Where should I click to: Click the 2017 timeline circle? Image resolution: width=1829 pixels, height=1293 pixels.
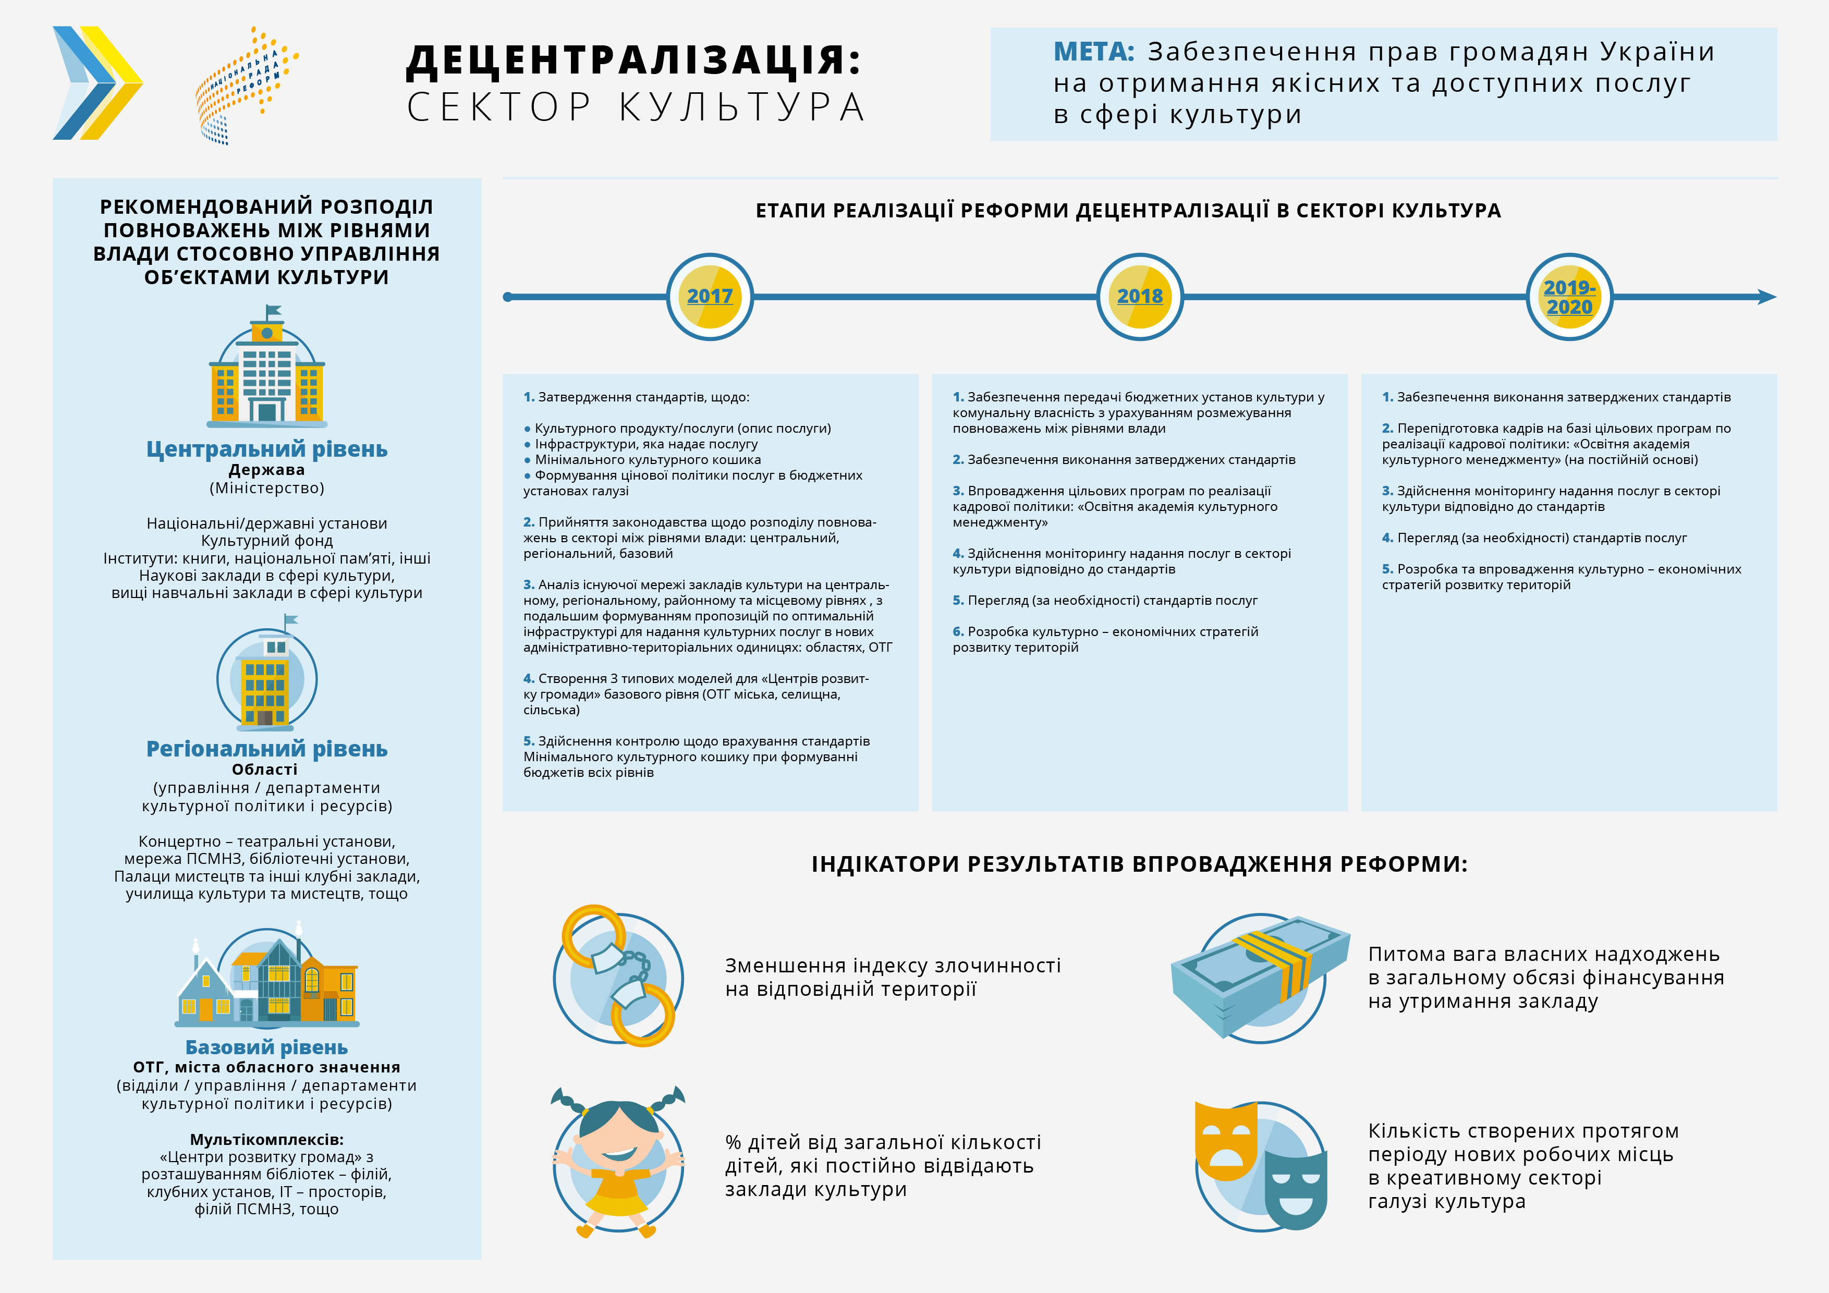pyautogui.click(x=709, y=296)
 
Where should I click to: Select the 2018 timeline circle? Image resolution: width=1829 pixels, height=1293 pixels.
pyautogui.click(x=1139, y=296)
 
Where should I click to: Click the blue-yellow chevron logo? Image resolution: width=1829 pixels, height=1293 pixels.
pyautogui.click(x=97, y=83)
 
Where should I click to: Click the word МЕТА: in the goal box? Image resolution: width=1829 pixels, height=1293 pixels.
pyautogui.click(x=1093, y=52)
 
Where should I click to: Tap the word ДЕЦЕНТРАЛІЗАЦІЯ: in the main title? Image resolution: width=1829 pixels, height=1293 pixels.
pyautogui.click(x=633, y=60)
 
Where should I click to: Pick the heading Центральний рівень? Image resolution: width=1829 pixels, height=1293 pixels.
pyautogui.click(x=267, y=449)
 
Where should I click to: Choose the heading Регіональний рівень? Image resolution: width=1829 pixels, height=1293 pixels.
pyautogui.click(x=267, y=749)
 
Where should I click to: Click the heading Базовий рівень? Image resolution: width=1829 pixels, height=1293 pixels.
pyautogui.click(x=267, y=1047)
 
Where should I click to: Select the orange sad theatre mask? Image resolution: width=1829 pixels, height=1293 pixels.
pyautogui.click(x=1225, y=1141)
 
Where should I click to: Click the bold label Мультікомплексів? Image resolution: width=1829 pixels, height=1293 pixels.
pyautogui.click(x=267, y=1139)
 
